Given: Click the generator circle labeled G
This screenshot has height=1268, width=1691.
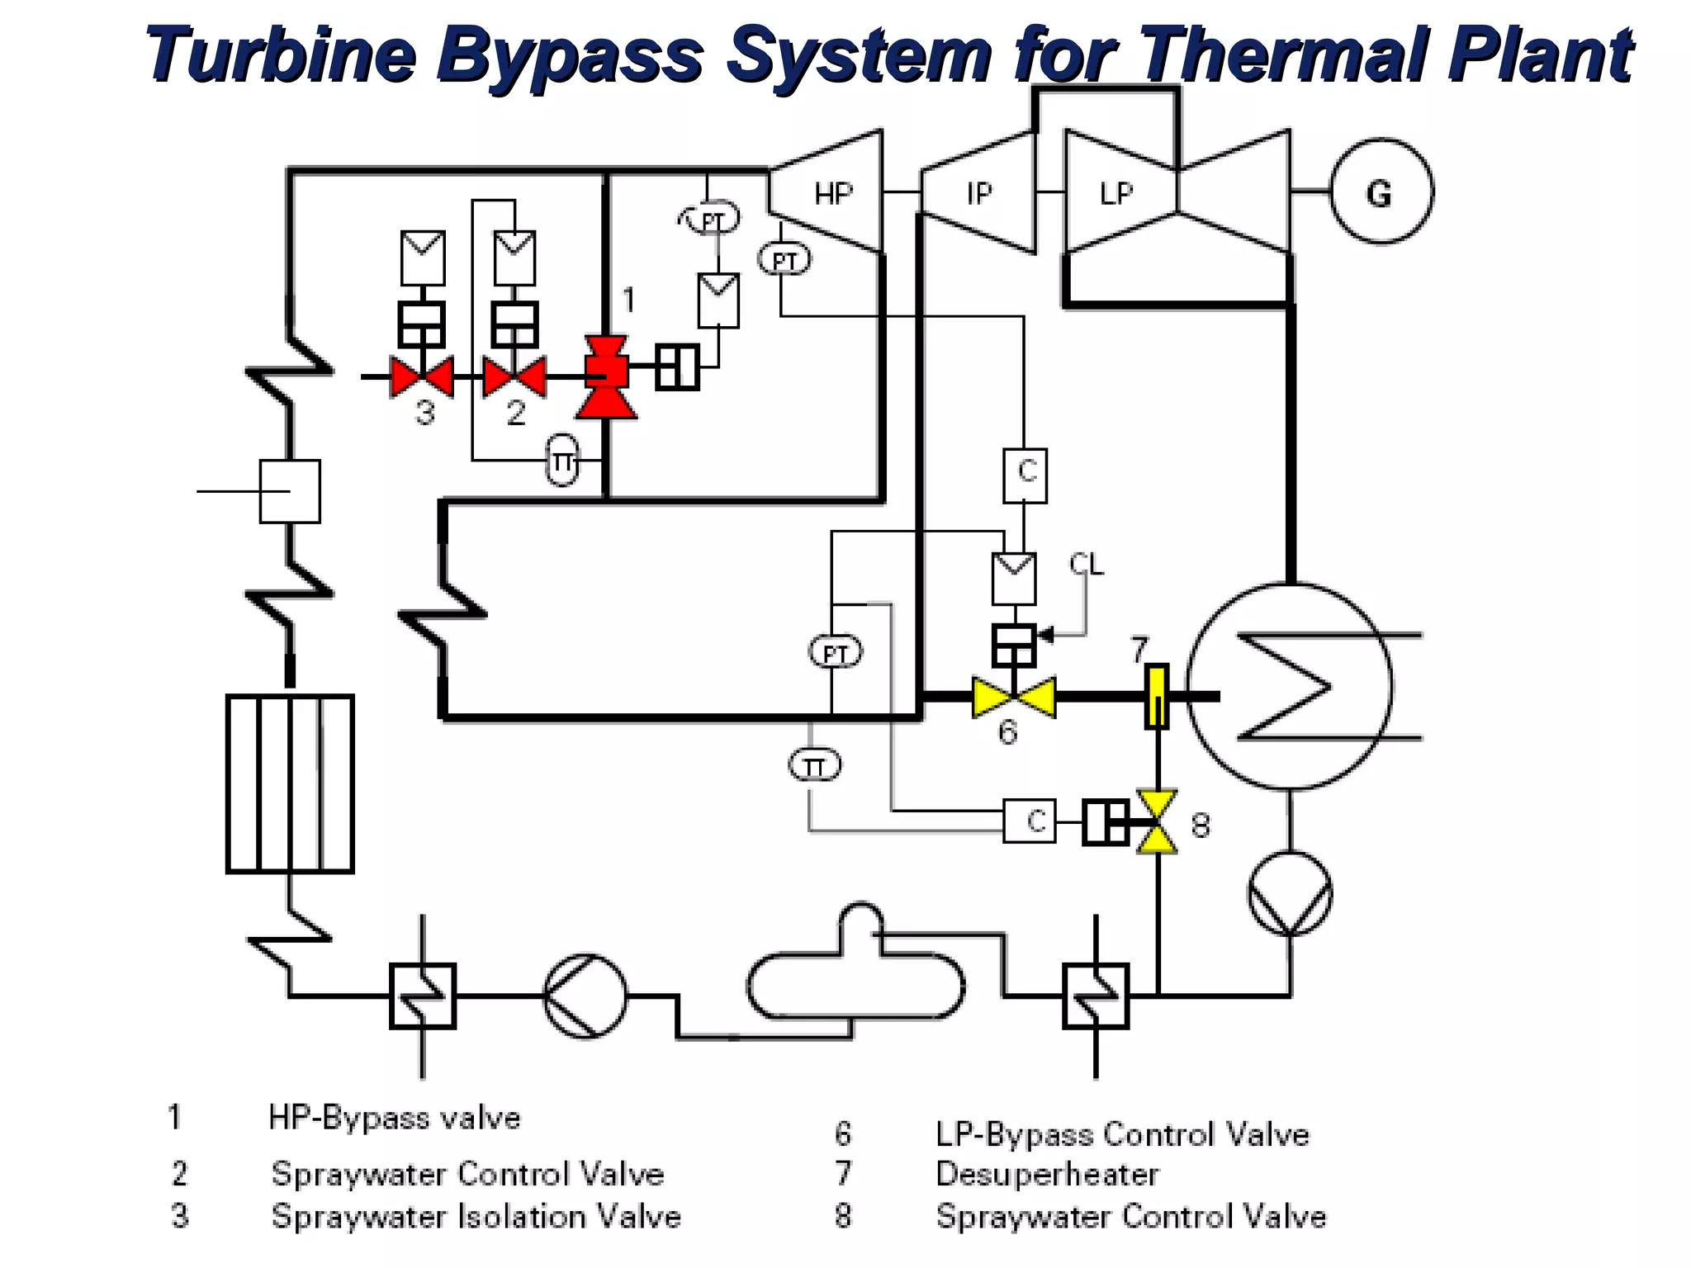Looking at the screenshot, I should (1381, 192).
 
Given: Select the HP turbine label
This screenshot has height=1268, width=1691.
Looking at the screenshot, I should (832, 193).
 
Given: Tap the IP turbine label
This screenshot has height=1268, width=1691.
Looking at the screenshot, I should (978, 193).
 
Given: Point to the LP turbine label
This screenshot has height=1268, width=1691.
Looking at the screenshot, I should (1115, 193).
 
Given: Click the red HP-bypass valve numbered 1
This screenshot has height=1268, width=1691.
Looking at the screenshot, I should (606, 376).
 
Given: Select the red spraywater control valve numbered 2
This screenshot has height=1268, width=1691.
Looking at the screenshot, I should (514, 377).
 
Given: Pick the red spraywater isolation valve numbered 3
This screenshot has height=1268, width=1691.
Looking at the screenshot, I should (422, 377).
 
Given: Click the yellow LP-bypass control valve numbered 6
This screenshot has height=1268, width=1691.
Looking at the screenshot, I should (1014, 698).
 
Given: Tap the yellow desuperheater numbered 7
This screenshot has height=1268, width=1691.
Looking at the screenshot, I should (1156, 696).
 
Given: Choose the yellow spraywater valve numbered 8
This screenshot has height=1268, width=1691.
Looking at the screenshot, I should (1156, 821).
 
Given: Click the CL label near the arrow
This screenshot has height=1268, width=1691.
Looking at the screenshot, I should (1086, 565).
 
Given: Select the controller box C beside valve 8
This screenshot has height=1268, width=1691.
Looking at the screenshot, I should (1029, 821).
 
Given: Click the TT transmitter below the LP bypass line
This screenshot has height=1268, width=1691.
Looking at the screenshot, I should (815, 766).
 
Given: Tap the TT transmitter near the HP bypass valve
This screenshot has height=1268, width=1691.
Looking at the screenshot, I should (563, 461).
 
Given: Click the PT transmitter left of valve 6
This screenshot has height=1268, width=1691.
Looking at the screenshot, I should (836, 653).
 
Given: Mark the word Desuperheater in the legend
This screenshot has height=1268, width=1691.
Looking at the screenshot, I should (1047, 1173).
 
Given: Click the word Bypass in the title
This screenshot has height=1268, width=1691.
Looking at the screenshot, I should (570, 54).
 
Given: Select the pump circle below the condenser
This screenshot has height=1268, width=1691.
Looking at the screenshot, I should (1290, 894).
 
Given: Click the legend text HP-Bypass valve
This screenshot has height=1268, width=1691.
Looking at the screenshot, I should (395, 1118).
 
